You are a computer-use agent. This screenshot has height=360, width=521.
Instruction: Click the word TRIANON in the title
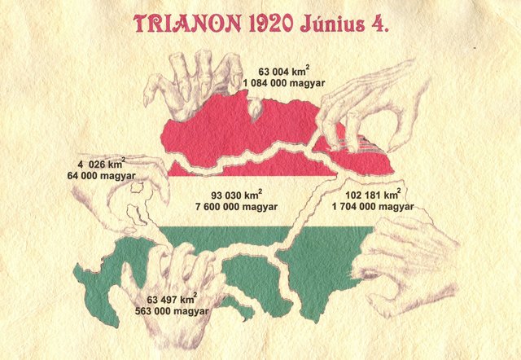pyautogui.click(x=179, y=23)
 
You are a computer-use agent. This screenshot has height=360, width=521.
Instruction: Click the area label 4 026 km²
pyautogui.click(x=102, y=161)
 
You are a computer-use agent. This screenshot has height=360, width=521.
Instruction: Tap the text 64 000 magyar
pyautogui.click(x=102, y=174)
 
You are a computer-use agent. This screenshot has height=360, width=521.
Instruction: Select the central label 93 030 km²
pyautogui.click(x=244, y=196)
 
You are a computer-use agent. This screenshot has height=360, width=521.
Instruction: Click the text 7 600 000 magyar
pyautogui.click(x=244, y=209)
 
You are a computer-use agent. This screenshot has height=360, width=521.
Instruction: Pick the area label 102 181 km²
pyautogui.click(x=372, y=195)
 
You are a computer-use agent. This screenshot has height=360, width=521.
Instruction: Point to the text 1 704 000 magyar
pyautogui.click(x=372, y=208)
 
